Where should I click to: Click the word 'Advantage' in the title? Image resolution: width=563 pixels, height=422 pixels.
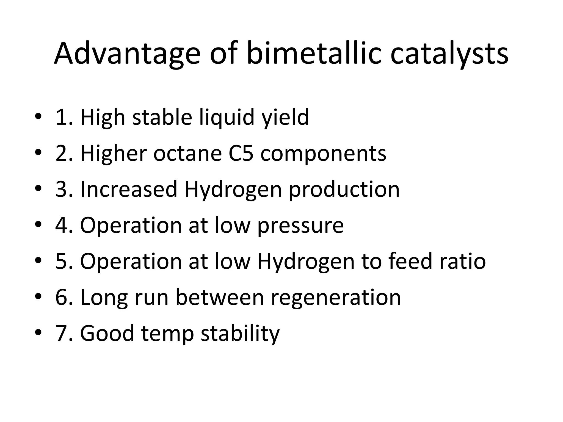click(127, 54)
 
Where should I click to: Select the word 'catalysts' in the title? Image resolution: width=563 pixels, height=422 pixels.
click(449, 54)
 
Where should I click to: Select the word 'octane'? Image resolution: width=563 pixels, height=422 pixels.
click(187, 153)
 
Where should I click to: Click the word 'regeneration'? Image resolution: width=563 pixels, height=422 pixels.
click(336, 298)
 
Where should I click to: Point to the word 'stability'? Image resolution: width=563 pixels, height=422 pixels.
click(240, 333)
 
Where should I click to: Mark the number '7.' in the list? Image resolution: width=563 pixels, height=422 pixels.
click(64, 333)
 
